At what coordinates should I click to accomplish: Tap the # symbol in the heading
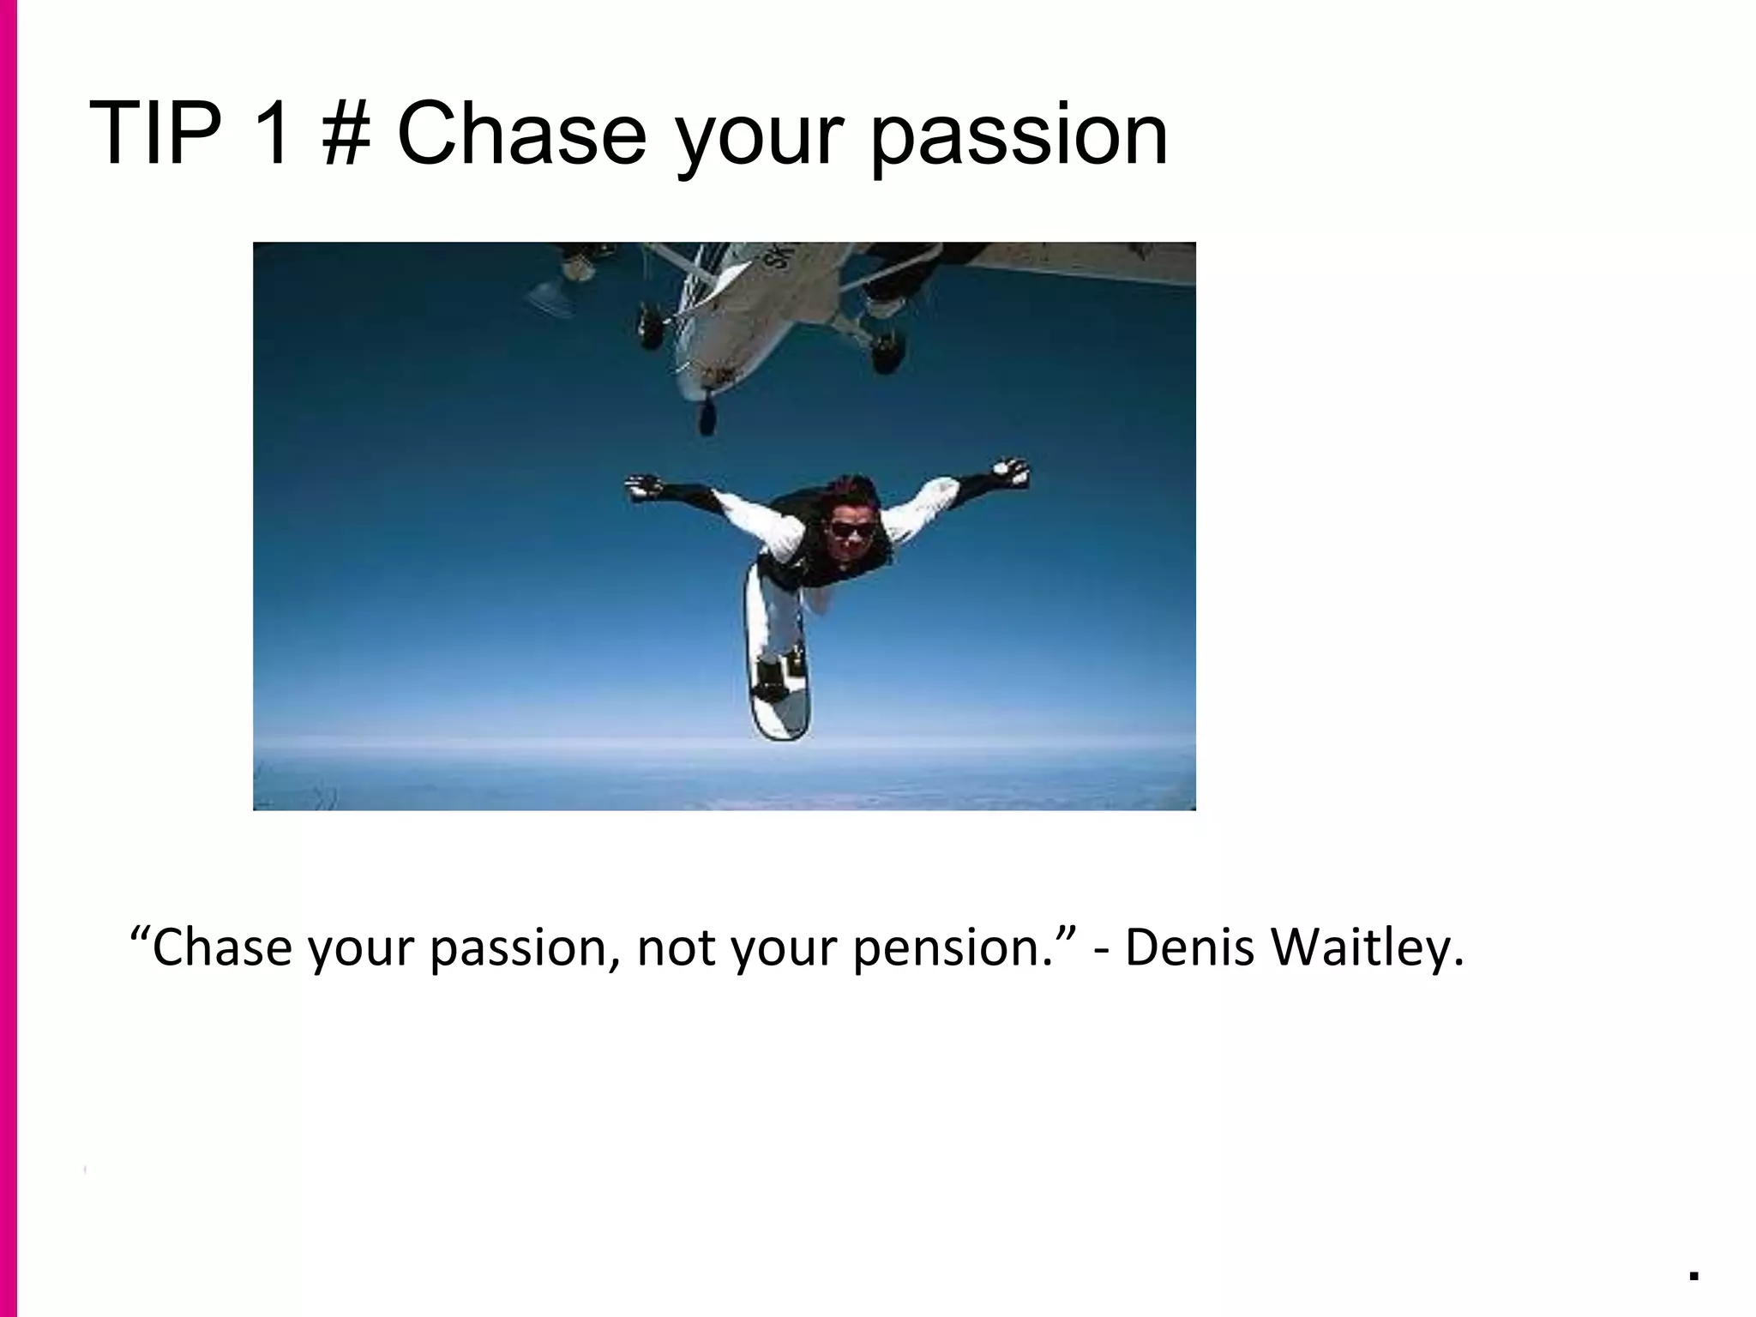(x=346, y=135)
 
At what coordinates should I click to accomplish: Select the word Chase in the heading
(x=521, y=135)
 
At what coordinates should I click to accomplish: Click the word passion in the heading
(x=1019, y=137)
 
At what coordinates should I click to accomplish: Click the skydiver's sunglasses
(x=852, y=529)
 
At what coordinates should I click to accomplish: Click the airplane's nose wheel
(x=707, y=418)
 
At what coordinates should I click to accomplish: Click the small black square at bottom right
(x=1693, y=1276)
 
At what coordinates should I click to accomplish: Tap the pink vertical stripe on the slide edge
(x=9, y=658)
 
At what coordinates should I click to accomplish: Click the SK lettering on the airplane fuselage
(x=782, y=256)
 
